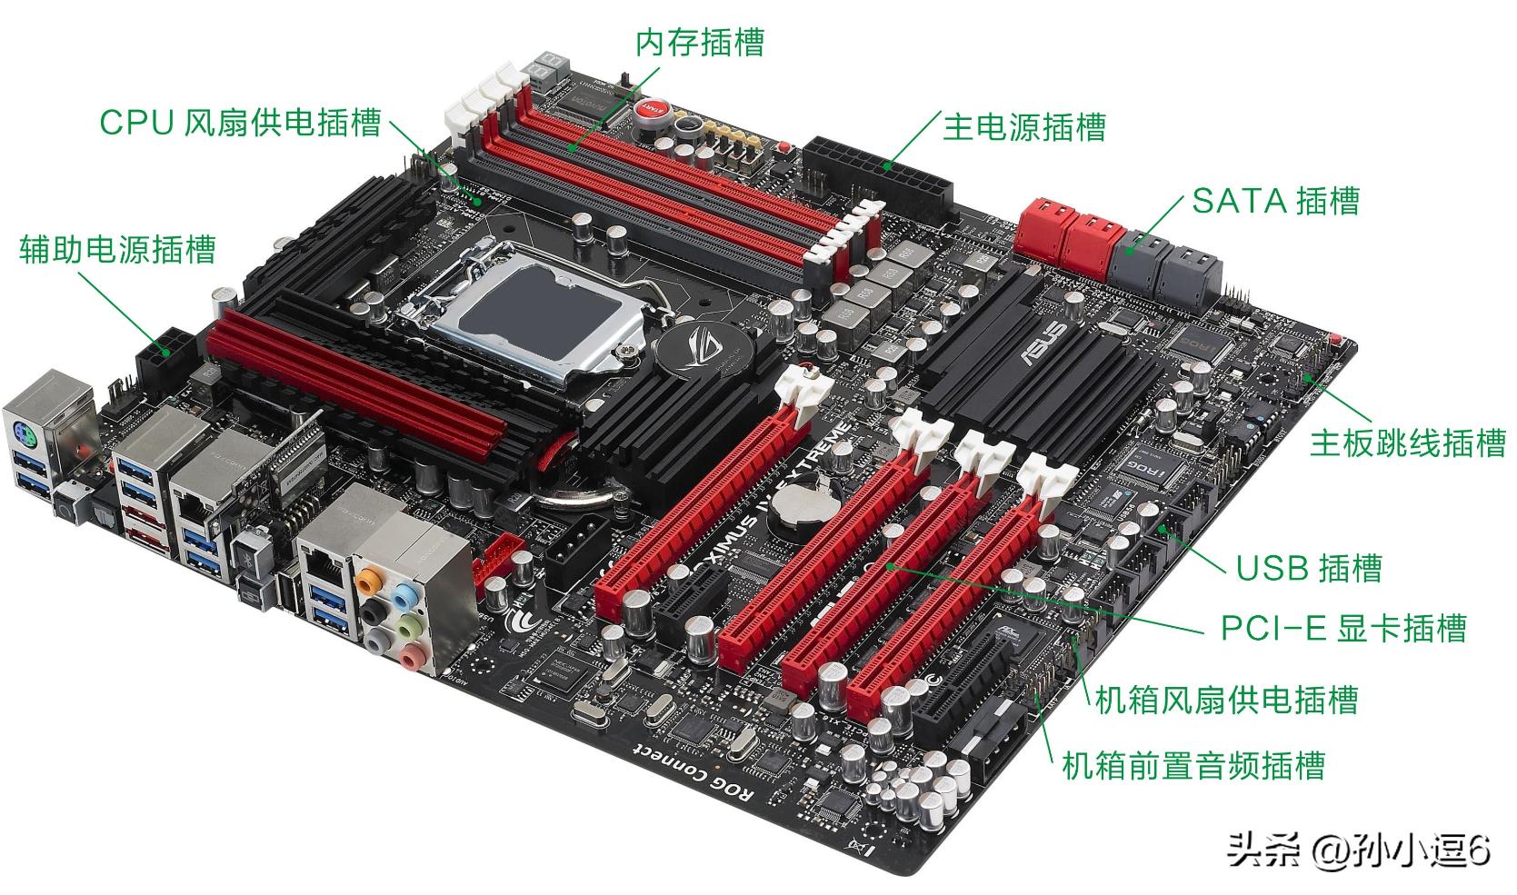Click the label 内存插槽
click(x=699, y=43)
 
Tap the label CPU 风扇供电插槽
click(x=240, y=122)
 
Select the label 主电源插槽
click(x=1023, y=126)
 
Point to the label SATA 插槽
click(x=1275, y=201)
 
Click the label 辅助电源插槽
click(x=117, y=249)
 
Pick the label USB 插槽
click(x=1308, y=568)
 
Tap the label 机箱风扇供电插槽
click(x=1226, y=700)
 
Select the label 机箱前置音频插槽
click(x=1193, y=765)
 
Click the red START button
click(x=653, y=108)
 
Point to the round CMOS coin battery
click(x=800, y=506)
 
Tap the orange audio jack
click(x=369, y=577)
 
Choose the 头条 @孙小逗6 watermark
click(x=1358, y=851)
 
